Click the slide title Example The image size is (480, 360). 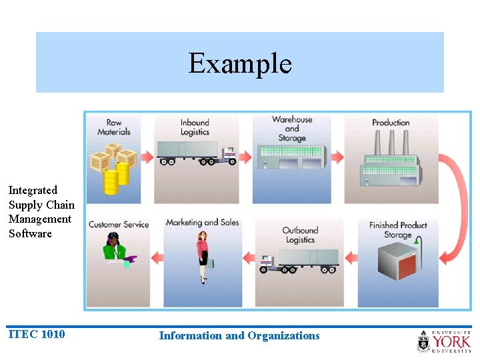click(x=240, y=63)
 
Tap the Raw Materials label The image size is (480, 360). click(x=113, y=127)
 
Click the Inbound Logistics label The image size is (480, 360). click(x=195, y=127)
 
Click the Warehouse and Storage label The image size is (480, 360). click(x=291, y=129)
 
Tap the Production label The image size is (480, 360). click(x=391, y=123)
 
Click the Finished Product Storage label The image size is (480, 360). click(x=398, y=230)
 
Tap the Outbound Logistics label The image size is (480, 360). click(x=299, y=235)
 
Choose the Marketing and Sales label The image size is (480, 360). click(x=202, y=223)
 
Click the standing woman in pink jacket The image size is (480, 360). click(x=202, y=257)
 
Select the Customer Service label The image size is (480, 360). click(x=118, y=224)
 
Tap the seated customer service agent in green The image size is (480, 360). click(x=117, y=250)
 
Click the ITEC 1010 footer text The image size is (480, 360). click(x=37, y=334)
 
